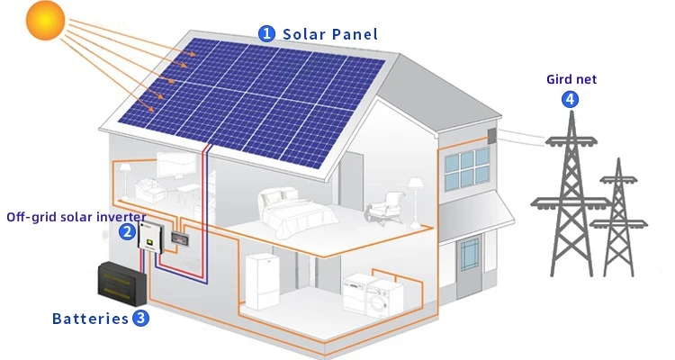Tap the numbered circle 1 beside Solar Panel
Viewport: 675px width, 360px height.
point(266,33)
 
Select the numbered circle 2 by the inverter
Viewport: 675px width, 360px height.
point(127,232)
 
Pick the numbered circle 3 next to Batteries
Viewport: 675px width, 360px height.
point(141,317)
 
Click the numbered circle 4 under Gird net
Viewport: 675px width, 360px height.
point(570,99)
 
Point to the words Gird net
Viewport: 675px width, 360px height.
point(571,79)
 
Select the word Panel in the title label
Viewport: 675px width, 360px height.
point(355,34)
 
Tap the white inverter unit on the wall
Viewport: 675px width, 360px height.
point(148,238)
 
